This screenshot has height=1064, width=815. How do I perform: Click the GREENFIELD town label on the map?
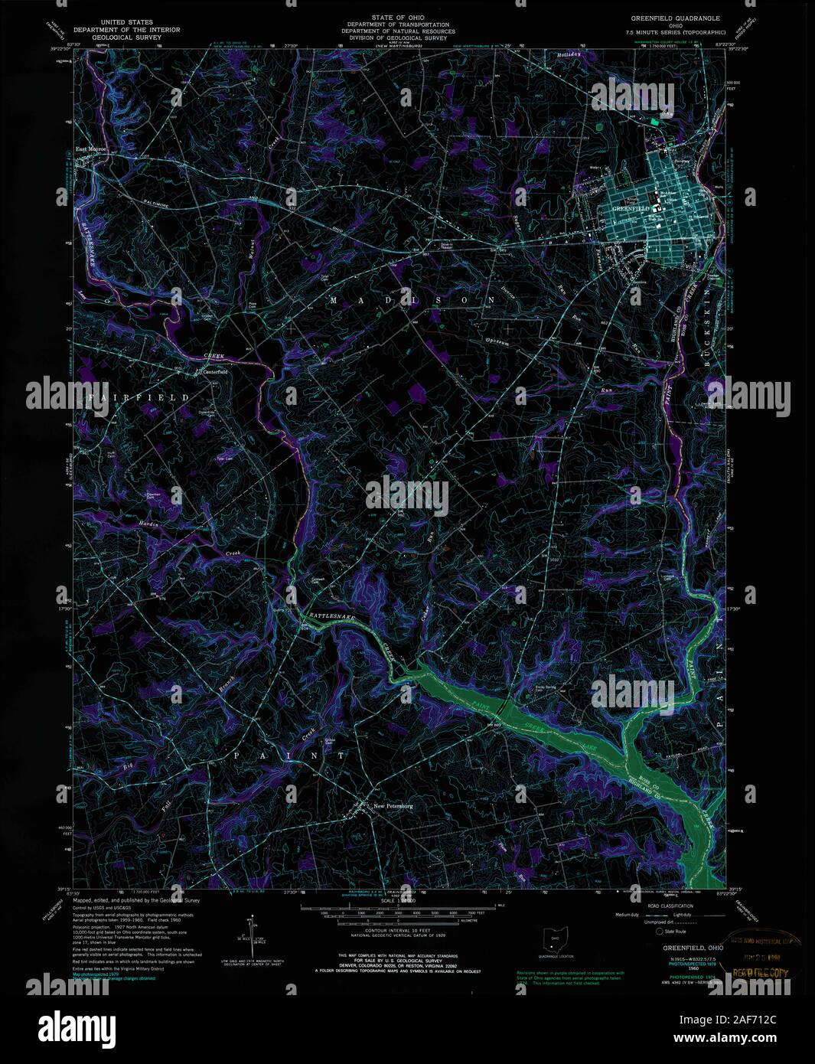pyautogui.click(x=631, y=208)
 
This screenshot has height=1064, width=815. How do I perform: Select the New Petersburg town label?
pyautogui.click(x=393, y=805)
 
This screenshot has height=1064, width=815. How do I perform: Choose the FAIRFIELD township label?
pyautogui.click(x=138, y=398)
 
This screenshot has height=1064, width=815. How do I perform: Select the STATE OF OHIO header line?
pyautogui.click(x=398, y=17)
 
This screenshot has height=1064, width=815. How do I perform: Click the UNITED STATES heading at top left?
pyautogui.click(x=126, y=22)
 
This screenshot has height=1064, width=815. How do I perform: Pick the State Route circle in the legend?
pyautogui.click(x=659, y=932)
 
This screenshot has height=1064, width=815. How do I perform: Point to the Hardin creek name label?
pyautogui.click(x=148, y=523)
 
